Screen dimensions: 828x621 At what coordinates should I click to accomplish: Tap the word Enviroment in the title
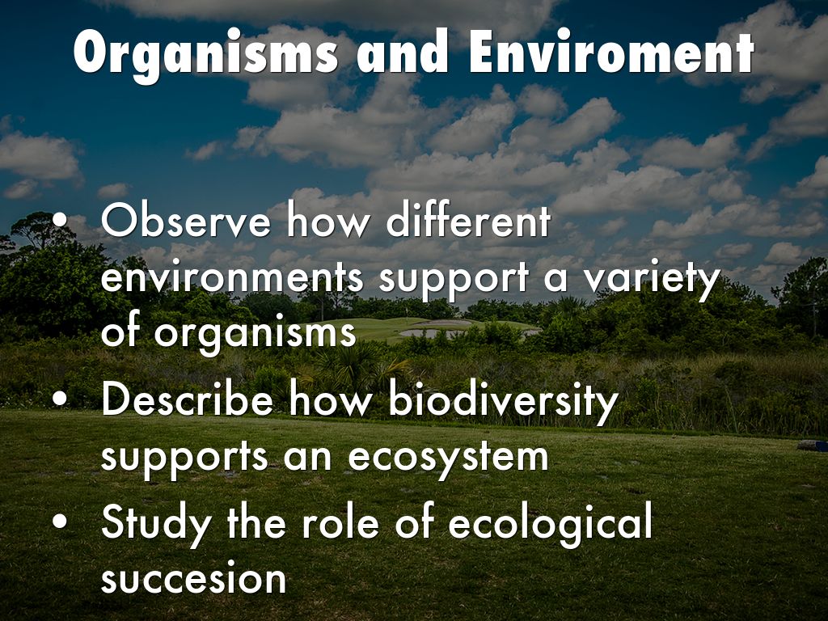[x=611, y=51]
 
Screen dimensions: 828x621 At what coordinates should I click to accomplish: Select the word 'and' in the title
[x=403, y=51]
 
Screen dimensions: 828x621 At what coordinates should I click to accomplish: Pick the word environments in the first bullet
[x=232, y=277]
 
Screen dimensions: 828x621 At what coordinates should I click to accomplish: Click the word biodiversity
[x=503, y=401]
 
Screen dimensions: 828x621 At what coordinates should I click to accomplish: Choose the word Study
[x=156, y=524]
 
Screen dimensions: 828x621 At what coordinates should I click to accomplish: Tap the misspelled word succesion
[x=193, y=577]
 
